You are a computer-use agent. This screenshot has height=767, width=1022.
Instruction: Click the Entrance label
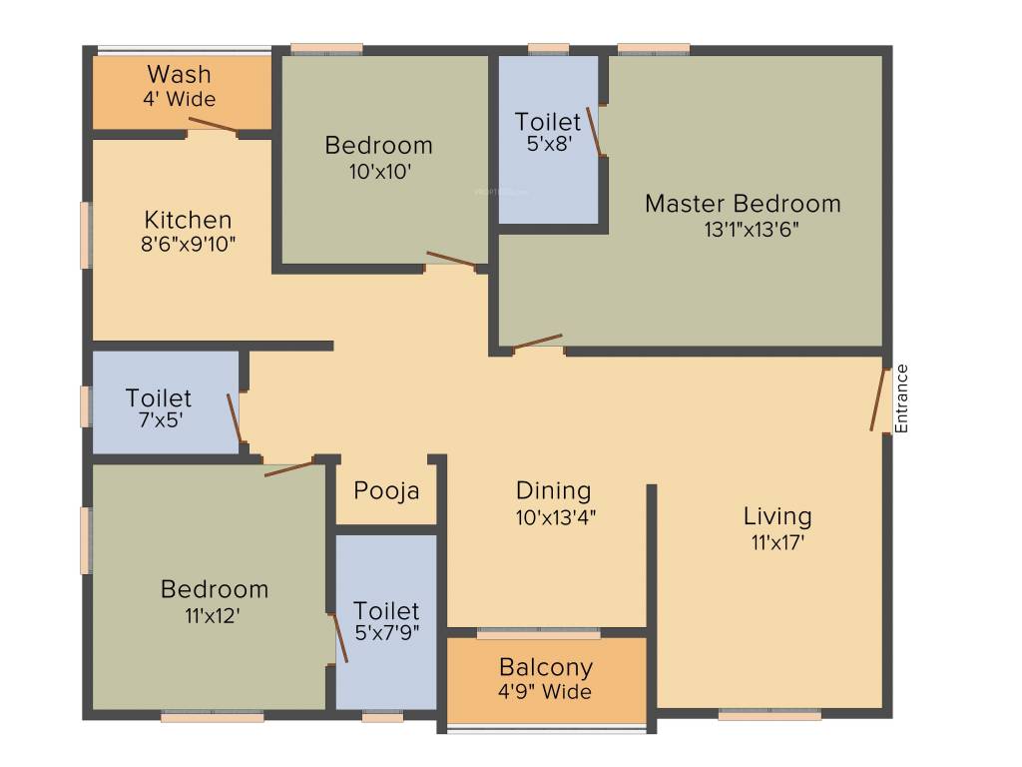tap(902, 398)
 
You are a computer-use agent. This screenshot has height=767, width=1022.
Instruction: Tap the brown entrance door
tap(879, 399)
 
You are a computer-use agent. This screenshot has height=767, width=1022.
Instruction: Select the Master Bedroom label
tap(743, 204)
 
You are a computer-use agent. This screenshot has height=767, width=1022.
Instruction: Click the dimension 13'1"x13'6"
tap(751, 229)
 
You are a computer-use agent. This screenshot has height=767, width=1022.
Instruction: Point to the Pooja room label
tap(386, 491)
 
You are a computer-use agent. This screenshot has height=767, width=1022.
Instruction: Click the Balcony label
tap(546, 667)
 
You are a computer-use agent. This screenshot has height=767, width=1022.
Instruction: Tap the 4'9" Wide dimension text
tap(546, 691)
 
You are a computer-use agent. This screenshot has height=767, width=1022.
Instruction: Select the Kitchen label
tap(188, 220)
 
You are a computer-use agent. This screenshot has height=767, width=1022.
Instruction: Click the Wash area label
tap(179, 74)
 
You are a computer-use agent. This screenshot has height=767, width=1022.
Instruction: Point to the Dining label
tap(553, 490)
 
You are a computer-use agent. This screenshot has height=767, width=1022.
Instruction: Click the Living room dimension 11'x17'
tap(777, 542)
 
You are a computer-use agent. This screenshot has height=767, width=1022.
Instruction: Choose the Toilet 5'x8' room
tap(548, 140)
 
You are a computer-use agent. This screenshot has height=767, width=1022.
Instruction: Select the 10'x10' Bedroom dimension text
tap(379, 171)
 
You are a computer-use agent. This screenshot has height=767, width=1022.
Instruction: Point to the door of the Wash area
tap(213, 125)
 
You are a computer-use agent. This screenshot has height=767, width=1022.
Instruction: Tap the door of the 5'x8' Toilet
tap(594, 132)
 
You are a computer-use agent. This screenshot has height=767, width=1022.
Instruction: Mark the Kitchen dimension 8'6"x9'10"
tap(190, 244)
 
